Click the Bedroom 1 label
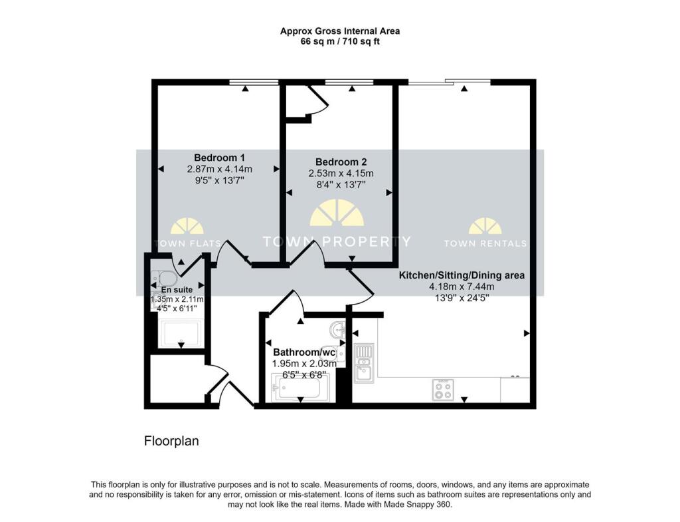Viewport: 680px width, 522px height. tap(219, 158)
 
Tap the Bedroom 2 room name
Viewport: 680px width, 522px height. tap(340, 162)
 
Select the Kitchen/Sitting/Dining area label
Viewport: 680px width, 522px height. tap(462, 275)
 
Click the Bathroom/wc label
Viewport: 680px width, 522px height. tap(304, 352)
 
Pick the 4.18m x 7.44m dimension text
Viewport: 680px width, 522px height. tap(462, 287)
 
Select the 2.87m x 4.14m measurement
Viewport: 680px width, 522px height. tap(219, 169)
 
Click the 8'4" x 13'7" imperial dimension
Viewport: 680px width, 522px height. tap(340, 184)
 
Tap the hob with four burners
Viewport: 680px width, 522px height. tap(443, 389)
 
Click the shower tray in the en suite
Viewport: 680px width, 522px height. tap(181, 334)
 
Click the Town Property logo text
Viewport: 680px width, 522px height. tap(337, 241)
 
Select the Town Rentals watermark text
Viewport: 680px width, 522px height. tap(485, 243)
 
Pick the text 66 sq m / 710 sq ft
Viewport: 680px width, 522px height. tap(339, 41)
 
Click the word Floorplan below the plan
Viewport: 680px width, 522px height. tap(171, 440)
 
